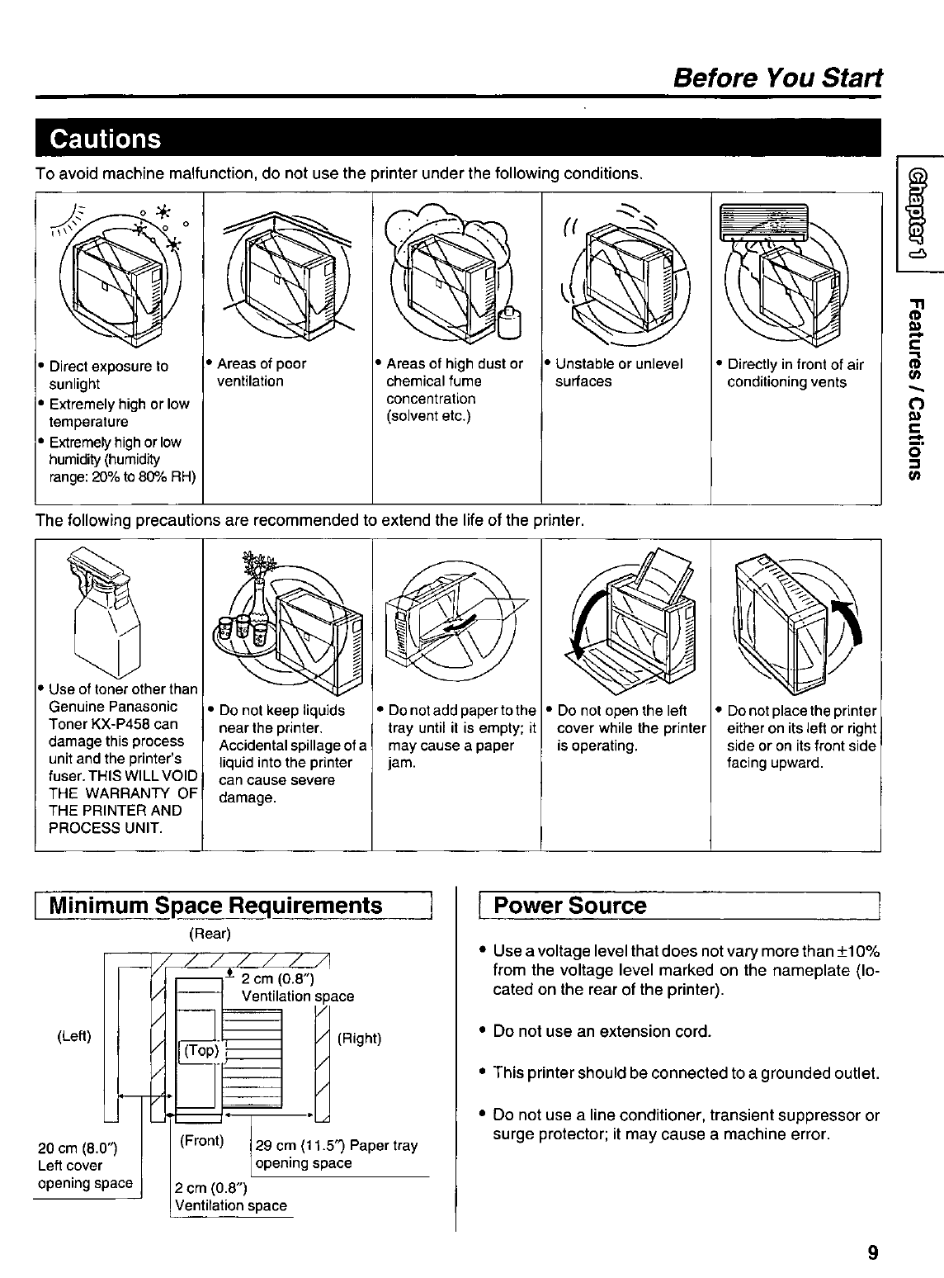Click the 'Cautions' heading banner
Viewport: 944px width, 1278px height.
point(106,138)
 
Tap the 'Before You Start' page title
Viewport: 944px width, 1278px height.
point(777,78)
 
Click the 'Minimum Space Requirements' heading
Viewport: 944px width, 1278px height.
point(216,906)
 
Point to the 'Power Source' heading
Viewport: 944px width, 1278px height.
point(569,906)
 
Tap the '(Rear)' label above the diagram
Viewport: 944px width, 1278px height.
point(210,933)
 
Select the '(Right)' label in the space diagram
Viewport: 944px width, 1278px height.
point(359,1038)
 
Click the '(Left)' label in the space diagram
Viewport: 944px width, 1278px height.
point(74,1036)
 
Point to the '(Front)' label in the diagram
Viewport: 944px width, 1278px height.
point(201,1141)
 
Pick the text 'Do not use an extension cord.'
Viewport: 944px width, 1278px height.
point(602,1031)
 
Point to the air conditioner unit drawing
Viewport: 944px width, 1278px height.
point(762,223)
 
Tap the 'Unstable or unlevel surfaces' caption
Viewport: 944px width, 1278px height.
point(618,372)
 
